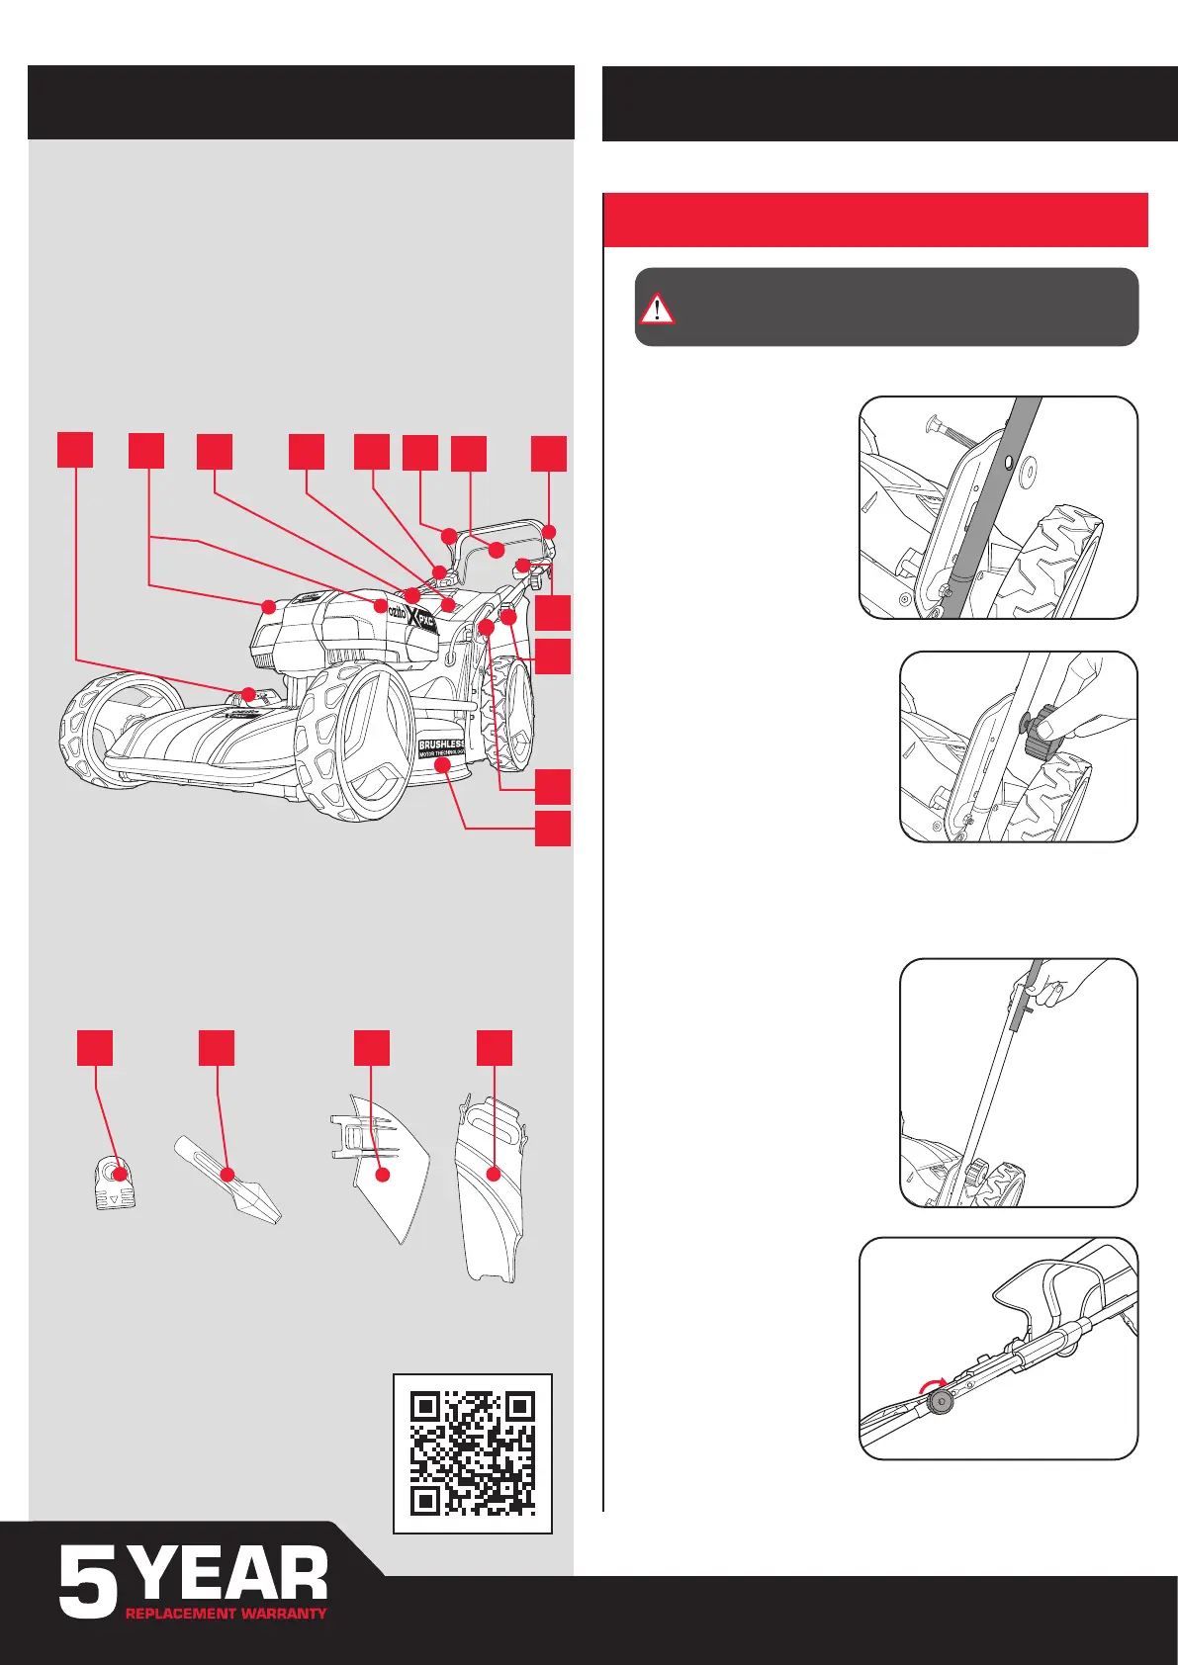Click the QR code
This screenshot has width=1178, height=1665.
(x=472, y=1453)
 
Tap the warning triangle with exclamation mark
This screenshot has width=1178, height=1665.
(x=656, y=308)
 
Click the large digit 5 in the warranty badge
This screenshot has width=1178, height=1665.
(x=88, y=1583)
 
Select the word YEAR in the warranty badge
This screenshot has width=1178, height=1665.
(x=229, y=1575)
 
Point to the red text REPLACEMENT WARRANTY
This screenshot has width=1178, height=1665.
(x=226, y=1613)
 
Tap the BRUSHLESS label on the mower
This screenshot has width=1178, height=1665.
(x=440, y=745)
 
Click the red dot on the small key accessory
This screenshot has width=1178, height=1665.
(x=121, y=1174)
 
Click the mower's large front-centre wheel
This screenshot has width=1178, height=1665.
(x=351, y=737)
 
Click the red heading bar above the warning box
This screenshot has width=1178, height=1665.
(x=875, y=219)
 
